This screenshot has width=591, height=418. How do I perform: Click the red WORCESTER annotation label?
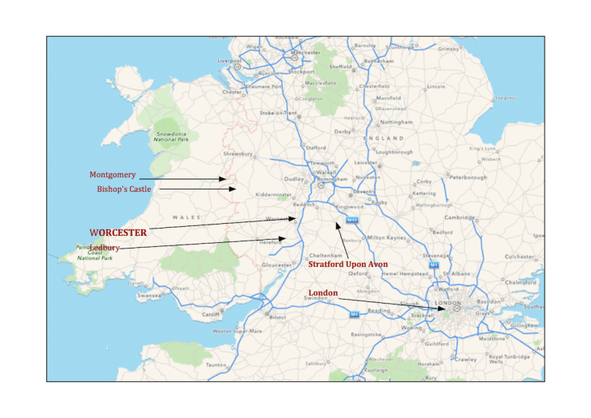117,232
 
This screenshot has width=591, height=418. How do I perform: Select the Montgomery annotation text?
113,174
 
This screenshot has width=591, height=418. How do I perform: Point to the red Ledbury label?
105,248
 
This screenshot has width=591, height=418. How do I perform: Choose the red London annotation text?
323,293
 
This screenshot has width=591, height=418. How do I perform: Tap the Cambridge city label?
460,217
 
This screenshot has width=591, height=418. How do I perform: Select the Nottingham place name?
397,122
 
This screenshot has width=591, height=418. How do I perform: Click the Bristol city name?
278,317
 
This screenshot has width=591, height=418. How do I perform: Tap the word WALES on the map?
185,217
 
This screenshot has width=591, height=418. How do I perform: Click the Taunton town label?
216,364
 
